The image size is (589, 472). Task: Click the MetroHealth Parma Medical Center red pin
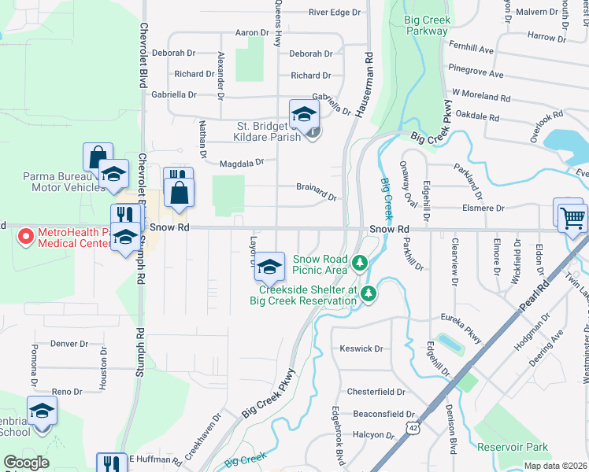[25, 235]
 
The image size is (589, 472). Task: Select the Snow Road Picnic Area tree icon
[360, 262]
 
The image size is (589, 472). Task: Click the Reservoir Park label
[513, 447]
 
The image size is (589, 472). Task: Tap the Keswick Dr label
[361, 348]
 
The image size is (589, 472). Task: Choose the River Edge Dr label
[334, 12]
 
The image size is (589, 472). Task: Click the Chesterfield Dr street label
[376, 391]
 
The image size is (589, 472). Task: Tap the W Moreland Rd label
[481, 95]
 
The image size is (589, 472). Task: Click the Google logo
[26, 463]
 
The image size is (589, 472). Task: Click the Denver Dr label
[69, 344]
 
